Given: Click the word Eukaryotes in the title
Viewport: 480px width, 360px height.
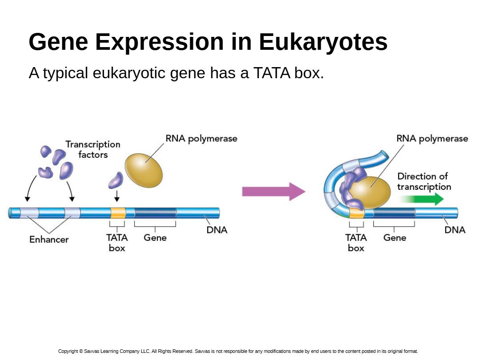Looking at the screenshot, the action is point(323,42).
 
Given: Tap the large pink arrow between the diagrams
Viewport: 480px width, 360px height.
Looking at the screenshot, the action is point(274,192).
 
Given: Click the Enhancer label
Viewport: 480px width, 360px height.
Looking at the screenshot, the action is point(49,240).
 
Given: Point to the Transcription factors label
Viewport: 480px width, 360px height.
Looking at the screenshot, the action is point(93,149).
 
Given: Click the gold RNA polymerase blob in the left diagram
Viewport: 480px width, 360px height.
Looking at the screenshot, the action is point(144,171).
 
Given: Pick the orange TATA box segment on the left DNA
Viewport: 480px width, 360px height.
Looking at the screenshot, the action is point(118,213).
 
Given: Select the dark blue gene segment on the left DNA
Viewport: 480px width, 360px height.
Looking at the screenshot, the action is point(155,213).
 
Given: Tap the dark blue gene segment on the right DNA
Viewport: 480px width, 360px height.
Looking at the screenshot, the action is point(394,213).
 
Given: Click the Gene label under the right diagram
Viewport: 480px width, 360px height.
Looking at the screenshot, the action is point(395,237).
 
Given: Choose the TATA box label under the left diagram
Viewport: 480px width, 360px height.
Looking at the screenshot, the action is point(117,243).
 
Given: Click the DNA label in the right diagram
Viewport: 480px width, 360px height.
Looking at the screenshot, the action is point(455,230).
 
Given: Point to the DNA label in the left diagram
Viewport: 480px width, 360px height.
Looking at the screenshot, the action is point(217,230).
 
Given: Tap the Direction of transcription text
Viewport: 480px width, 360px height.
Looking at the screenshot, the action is point(424,181).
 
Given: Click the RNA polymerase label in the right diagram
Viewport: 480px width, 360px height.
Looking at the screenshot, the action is point(432,139).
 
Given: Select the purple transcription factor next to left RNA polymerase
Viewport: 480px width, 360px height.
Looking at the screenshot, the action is point(116,180).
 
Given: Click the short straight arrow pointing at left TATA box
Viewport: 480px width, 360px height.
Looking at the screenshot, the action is point(116,196).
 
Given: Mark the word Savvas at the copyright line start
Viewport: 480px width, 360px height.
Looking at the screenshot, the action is point(91,351).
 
